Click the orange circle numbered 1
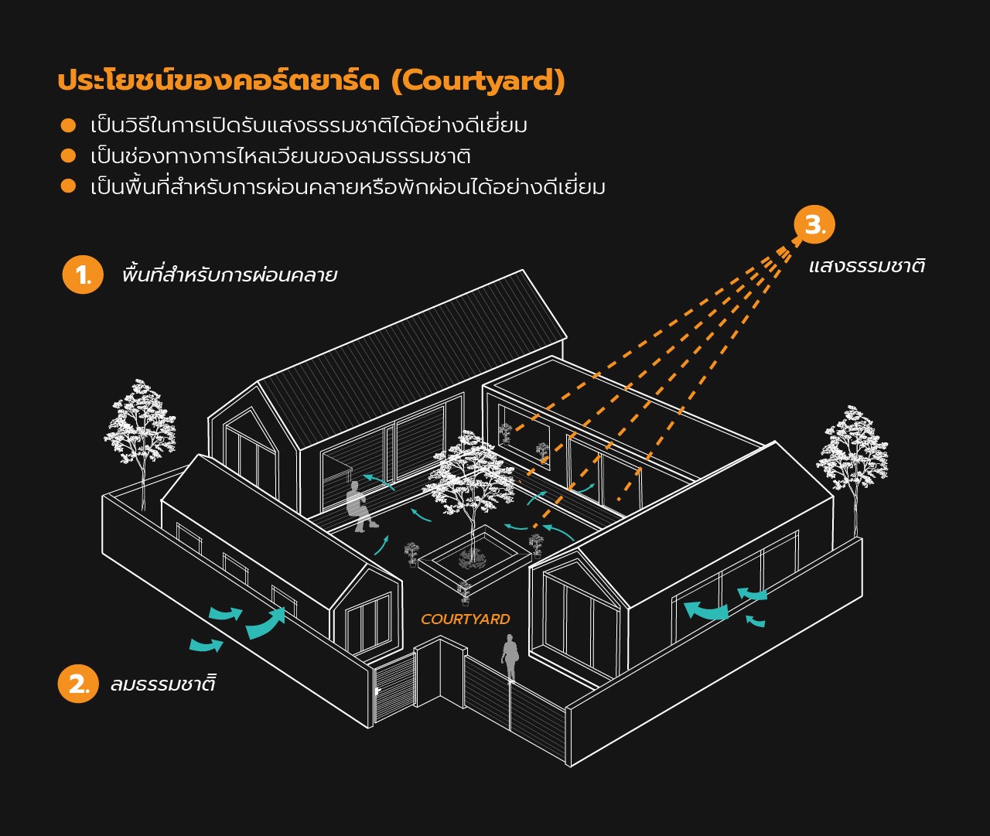(x=83, y=275)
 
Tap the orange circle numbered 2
(x=78, y=684)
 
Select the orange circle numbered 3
(x=814, y=224)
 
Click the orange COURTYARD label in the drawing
(x=465, y=619)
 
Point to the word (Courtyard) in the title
(x=479, y=80)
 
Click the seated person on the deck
(x=360, y=507)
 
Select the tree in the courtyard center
(x=469, y=493)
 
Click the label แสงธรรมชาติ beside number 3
(x=867, y=264)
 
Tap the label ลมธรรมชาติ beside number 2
(x=163, y=684)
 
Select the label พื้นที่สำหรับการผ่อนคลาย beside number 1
(x=230, y=274)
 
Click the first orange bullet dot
(x=68, y=125)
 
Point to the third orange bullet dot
(x=68, y=186)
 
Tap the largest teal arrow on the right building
(x=706, y=611)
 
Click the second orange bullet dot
(x=68, y=155)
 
